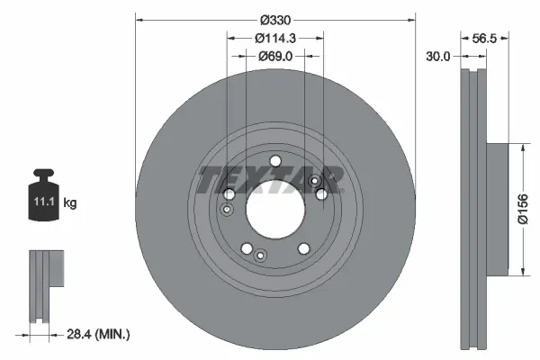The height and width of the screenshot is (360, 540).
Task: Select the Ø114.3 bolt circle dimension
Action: tap(275, 38)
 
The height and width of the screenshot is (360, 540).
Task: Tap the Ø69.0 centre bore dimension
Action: tap(275, 56)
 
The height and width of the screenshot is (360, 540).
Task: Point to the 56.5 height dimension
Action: tap(484, 38)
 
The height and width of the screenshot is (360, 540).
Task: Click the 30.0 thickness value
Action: tap(438, 56)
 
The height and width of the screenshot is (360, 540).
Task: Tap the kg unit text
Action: tap(70, 203)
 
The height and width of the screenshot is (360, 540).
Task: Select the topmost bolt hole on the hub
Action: tap(275, 161)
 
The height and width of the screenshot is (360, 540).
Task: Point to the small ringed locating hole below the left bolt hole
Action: tap(228, 211)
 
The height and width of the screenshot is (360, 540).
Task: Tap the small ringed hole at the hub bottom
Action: tap(260, 255)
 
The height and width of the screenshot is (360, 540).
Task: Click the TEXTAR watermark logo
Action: tap(270, 180)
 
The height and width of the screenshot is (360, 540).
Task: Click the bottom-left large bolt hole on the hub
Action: tap(247, 249)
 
